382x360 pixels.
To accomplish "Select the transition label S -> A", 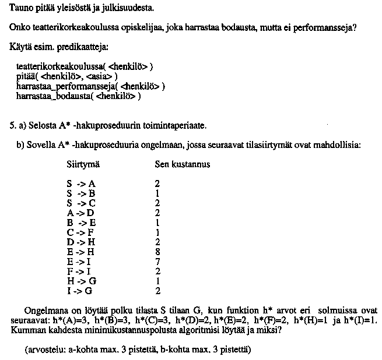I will (x=80, y=183).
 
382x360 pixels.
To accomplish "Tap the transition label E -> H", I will (x=80, y=252).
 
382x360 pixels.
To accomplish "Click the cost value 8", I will (x=157, y=252).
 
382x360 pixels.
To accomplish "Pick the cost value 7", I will (x=157, y=262).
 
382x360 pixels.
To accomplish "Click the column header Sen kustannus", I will (x=182, y=165).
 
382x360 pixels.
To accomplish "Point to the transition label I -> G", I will (x=79, y=291).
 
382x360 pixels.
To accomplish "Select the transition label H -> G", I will (x=80, y=281).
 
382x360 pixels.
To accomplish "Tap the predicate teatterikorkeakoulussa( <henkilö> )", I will (x=84, y=66).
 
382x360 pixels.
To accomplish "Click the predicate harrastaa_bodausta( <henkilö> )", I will (x=78, y=96).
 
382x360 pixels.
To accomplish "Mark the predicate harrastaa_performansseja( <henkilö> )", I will (x=90, y=86).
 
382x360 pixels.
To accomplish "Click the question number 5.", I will (x=12, y=125).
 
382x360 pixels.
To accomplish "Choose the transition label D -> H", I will (x=80, y=242).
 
